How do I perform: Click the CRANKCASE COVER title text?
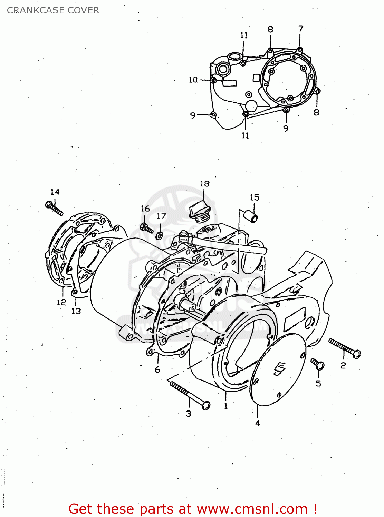pyautogui.click(x=53, y=10)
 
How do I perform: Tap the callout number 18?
pyautogui.click(x=204, y=184)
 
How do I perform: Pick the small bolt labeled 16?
pyautogui.click(x=147, y=228)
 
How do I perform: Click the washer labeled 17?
pyautogui.click(x=160, y=236)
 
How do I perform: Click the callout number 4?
pyautogui.click(x=257, y=423)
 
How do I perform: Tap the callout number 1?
pyautogui.click(x=226, y=406)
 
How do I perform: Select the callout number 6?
pyautogui.click(x=157, y=369)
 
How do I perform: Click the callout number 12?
pyautogui.click(x=61, y=302)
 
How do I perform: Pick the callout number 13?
pyautogui.click(x=76, y=311)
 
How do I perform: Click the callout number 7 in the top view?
pyautogui.click(x=300, y=29)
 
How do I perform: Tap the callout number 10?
pyautogui.click(x=193, y=80)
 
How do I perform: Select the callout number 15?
pyautogui.click(x=255, y=197)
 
